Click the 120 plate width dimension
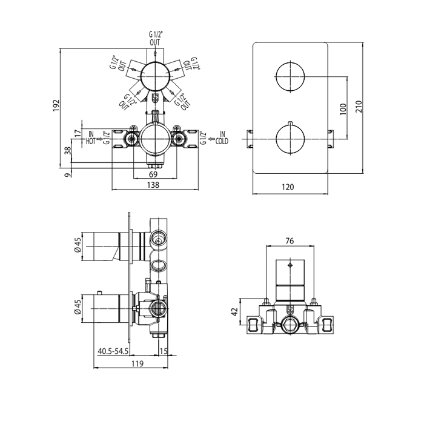[289, 187]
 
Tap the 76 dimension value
[290, 241]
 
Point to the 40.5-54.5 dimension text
[113, 351]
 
